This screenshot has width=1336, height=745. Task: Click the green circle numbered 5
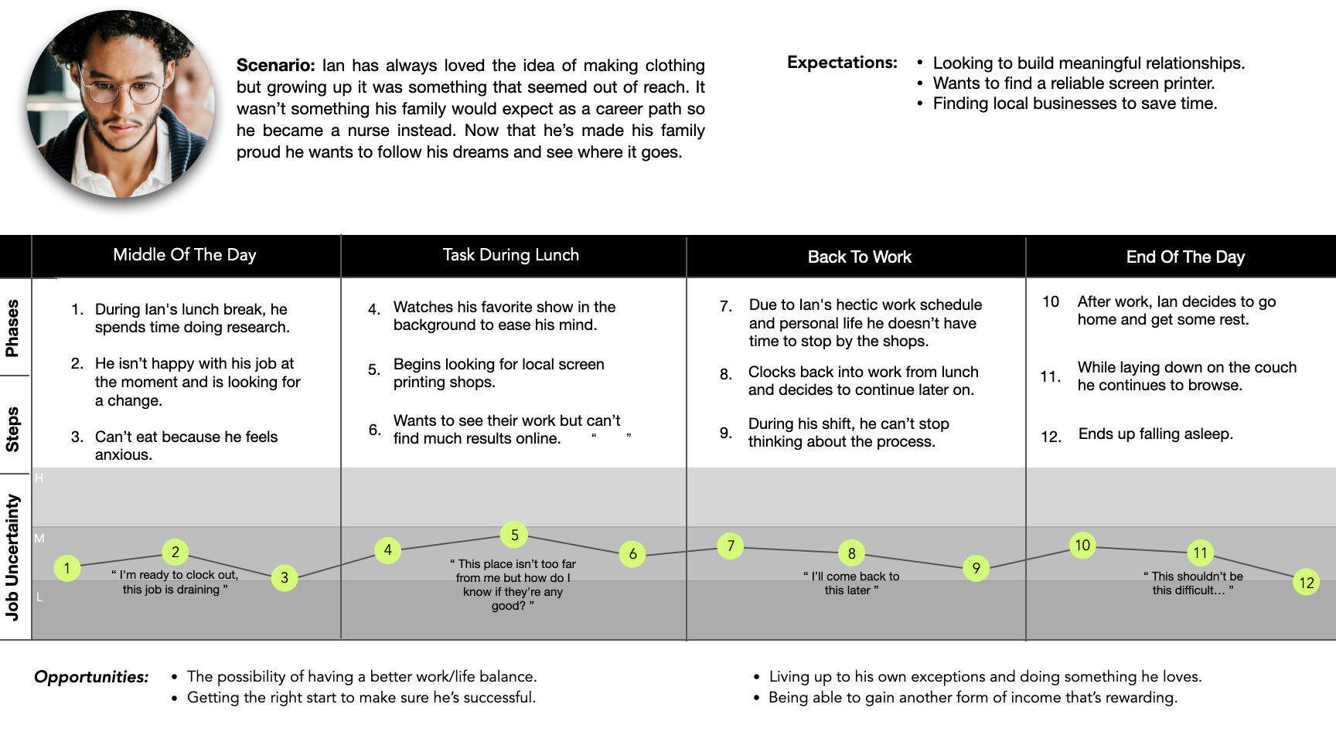(x=514, y=535)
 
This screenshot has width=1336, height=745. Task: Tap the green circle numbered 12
(x=1306, y=583)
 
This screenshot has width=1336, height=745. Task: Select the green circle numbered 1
(x=67, y=569)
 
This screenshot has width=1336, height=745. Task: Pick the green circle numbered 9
(x=976, y=569)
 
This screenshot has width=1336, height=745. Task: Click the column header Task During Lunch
(x=510, y=255)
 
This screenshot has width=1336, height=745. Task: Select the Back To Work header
(x=859, y=257)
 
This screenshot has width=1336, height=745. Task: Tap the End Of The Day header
(x=1184, y=257)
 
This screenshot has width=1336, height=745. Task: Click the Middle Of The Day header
(x=184, y=255)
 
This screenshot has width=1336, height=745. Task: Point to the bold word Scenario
(x=275, y=66)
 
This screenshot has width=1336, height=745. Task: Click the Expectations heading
(x=842, y=63)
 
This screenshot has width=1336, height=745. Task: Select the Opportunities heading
(x=91, y=677)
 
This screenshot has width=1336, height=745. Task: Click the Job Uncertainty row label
(x=12, y=556)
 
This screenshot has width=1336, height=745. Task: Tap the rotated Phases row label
(x=12, y=328)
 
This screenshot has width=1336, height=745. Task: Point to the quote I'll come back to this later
(x=851, y=583)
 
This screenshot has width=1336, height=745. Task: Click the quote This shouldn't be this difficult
(x=1193, y=583)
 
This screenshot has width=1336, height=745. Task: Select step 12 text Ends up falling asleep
(x=1155, y=434)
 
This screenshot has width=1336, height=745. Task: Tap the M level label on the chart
(x=39, y=538)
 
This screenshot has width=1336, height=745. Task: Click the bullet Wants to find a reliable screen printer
(x=1074, y=83)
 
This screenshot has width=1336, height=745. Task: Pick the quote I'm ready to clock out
(x=175, y=582)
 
